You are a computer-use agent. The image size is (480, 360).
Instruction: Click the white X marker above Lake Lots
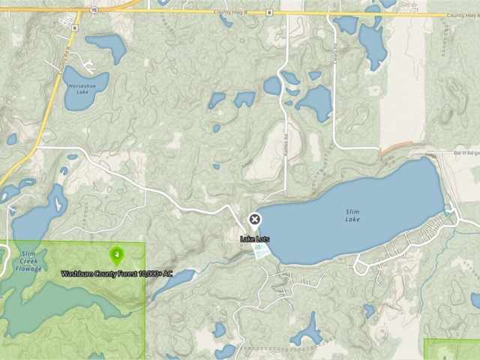click(x=254, y=219)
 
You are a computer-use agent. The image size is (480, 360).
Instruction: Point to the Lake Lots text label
click(x=254, y=239)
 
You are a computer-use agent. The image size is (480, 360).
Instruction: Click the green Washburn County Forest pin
click(x=116, y=255)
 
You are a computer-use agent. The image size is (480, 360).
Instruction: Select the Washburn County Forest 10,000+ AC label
click(x=116, y=274)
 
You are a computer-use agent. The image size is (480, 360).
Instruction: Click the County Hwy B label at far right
click(x=463, y=15)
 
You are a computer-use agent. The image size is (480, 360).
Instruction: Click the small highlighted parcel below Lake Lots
click(x=262, y=253)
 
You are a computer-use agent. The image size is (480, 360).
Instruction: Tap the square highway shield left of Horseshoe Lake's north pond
click(x=75, y=28)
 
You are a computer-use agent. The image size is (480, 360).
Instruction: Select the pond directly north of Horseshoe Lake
click(x=106, y=47)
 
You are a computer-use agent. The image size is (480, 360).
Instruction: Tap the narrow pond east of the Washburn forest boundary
click(x=173, y=282)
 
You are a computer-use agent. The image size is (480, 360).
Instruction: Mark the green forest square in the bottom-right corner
click(x=451, y=349)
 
